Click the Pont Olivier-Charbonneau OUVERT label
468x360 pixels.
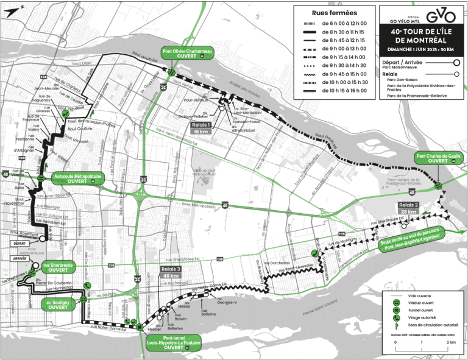point(186,53)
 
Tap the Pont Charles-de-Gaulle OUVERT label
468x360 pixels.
point(438,158)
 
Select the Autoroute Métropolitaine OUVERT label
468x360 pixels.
point(77,178)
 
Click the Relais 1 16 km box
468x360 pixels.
point(200,127)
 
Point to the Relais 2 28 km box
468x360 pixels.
point(408,208)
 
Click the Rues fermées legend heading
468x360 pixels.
point(335,13)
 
